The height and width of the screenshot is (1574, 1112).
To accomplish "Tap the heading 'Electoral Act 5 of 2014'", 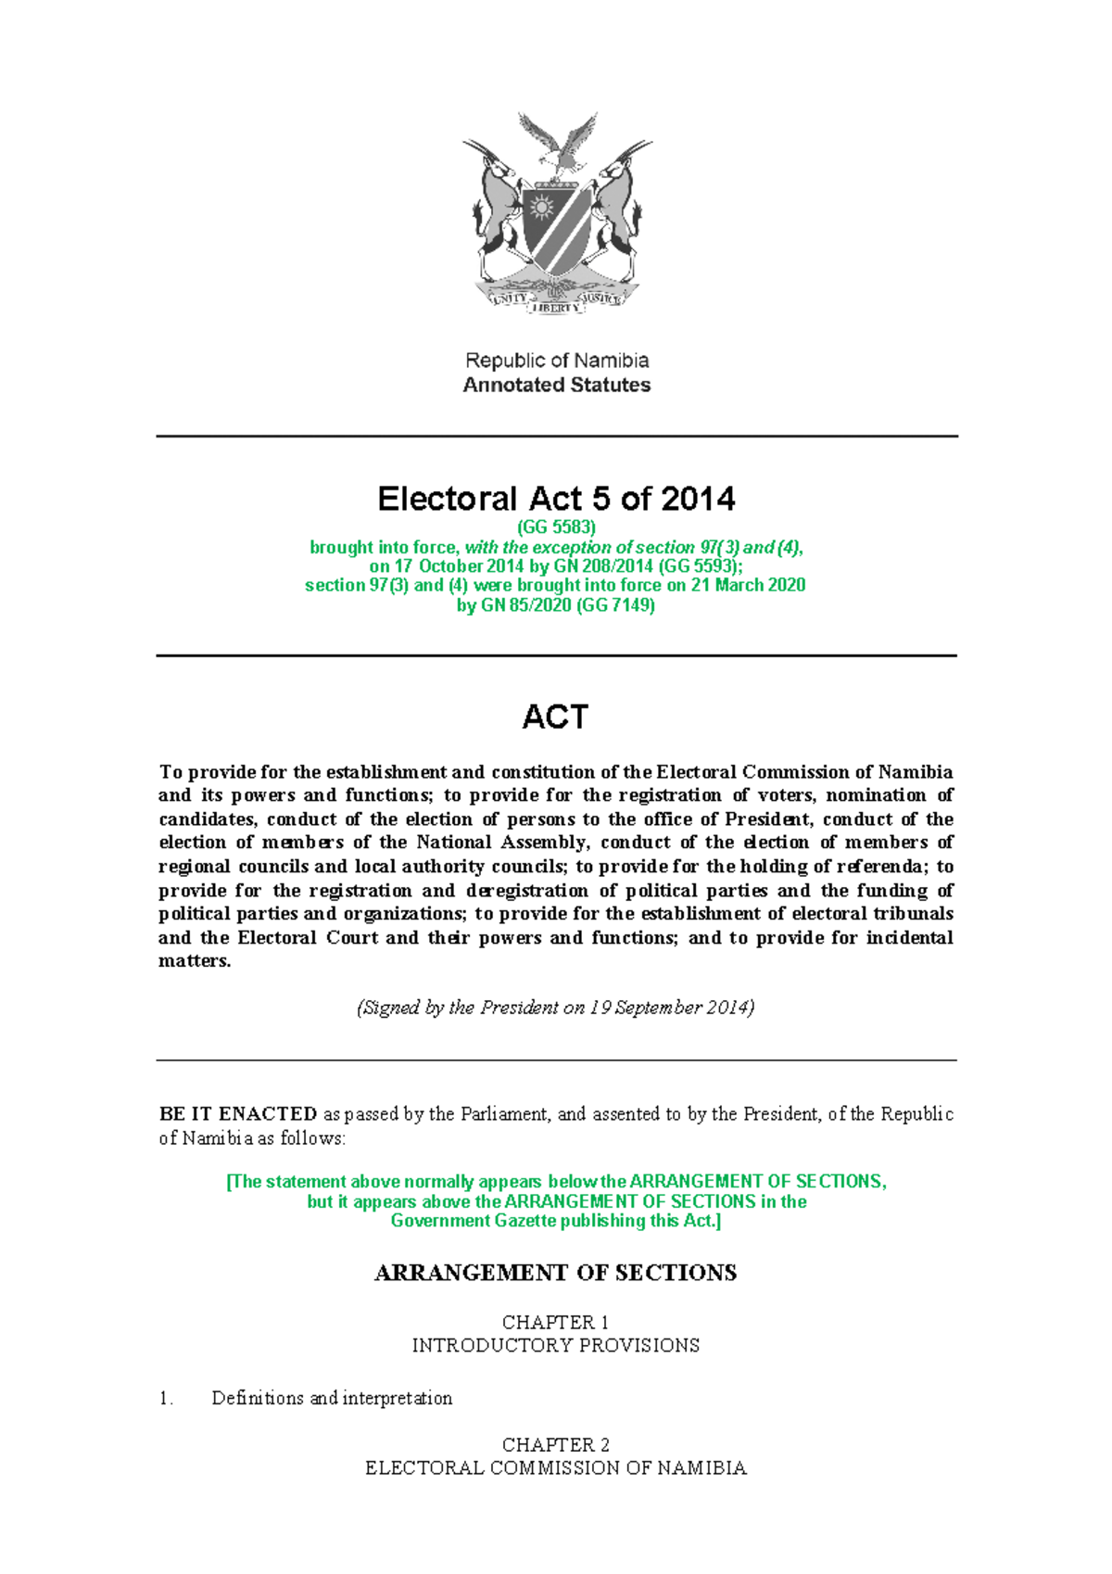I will pyautogui.click(x=556, y=499).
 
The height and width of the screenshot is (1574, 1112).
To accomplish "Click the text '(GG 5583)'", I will pyautogui.click(x=556, y=527).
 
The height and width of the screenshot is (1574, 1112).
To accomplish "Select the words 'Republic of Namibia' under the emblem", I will pyautogui.click(x=556, y=360).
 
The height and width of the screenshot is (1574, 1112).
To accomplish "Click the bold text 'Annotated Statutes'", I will pyautogui.click(x=556, y=385).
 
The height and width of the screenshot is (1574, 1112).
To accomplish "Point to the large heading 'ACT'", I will pyautogui.click(x=555, y=717).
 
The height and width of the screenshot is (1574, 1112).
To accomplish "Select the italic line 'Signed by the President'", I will pyautogui.click(x=555, y=1008).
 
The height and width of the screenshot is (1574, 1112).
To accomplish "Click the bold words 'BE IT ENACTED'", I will pyautogui.click(x=238, y=1114).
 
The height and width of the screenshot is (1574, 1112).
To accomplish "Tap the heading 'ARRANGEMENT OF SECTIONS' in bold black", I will pyautogui.click(x=555, y=1273).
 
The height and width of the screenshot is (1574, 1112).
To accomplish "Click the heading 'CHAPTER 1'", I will pyautogui.click(x=555, y=1322).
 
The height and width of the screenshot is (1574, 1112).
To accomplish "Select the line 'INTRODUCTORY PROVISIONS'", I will pyautogui.click(x=555, y=1345).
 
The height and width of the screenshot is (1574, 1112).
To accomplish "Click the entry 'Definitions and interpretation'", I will pyautogui.click(x=332, y=1398).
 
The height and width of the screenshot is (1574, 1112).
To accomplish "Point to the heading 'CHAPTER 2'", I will pyautogui.click(x=555, y=1444).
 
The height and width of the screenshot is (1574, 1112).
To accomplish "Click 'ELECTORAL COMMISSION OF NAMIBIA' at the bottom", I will pyautogui.click(x=555, y=1468).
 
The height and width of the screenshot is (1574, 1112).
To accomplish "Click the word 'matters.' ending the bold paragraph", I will pyautogui.click(x=195, y=961).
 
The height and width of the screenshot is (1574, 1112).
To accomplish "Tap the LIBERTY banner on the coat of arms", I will pyautogui.click(x=556, y=308).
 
